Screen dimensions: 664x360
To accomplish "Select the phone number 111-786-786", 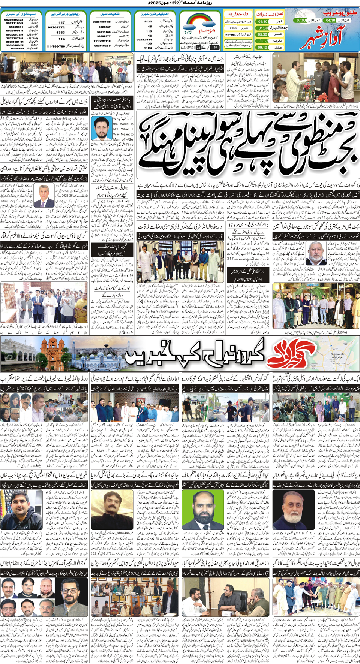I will [55, 46].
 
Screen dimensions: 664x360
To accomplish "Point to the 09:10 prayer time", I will [262, 48].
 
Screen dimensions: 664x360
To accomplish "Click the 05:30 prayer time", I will [262, 34].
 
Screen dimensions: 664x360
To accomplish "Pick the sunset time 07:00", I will [301, 21].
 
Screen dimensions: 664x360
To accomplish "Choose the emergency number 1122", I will [148, 21].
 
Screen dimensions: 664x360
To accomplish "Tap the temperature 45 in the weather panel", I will [215, 48].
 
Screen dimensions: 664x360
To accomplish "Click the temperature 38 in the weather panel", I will [198, 48].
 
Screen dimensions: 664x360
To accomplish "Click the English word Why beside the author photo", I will [117, 119].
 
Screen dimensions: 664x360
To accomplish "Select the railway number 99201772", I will [56, 27].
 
